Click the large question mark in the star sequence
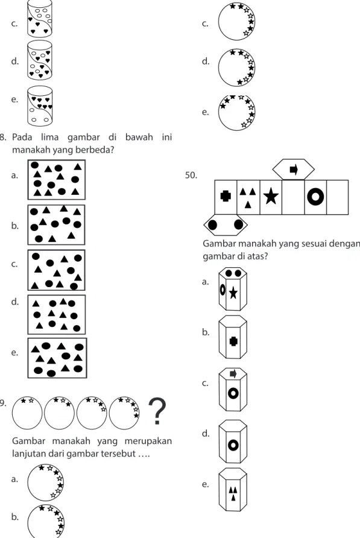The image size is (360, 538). (157, 411)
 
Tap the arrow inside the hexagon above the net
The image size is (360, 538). (294, 169)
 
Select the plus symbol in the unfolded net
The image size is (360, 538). (225, 196)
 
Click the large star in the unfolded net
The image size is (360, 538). (271, 197)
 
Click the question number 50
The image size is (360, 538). (191, 176)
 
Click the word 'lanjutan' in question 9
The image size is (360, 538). (29, 454)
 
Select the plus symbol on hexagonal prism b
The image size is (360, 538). (233, 341)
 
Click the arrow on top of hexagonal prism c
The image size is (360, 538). (233, 373)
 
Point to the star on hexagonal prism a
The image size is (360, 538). (233, 293)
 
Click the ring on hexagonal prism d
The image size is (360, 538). (233, 445)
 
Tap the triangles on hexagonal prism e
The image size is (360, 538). (233, 493)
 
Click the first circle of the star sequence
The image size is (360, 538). (28, 413)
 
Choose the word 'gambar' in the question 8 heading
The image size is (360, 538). (83, 138)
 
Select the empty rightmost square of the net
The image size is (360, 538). (337, 197)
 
